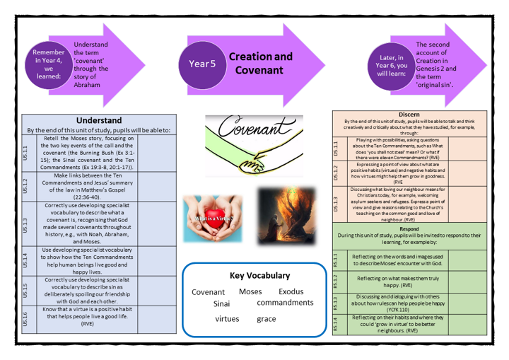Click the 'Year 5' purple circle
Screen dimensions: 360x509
tap(202, 64)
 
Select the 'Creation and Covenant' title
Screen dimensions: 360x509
tap(259, 63)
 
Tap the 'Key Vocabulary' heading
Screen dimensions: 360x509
tap(260, 275)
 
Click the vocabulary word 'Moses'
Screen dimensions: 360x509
tap(250, 291)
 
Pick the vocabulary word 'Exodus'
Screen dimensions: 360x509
tap(291, 291)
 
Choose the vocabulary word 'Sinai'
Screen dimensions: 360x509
tap(222, 303)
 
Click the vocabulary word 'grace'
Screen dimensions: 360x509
tap(266, 319)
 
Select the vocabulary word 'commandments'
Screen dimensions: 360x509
tap(285, 303)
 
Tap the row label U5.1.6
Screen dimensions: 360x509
tap(26, 319)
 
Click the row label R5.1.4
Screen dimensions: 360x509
tap(336, 323)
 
